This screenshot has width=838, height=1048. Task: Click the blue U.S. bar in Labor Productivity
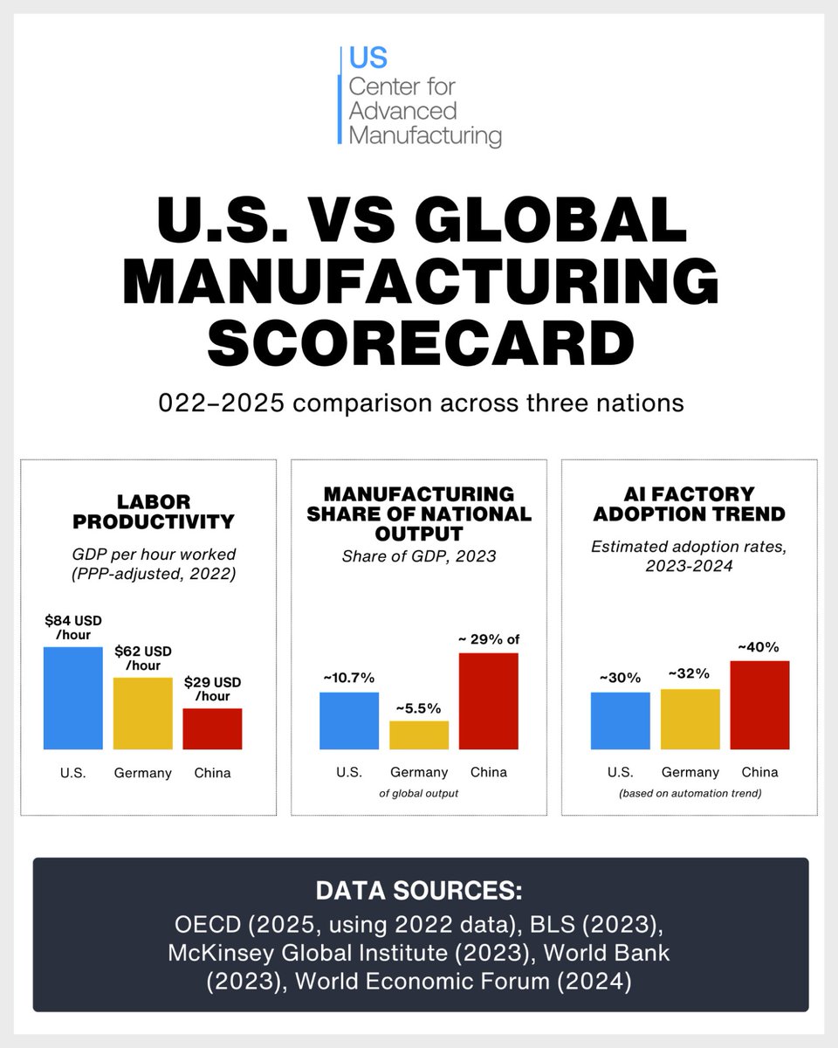72,698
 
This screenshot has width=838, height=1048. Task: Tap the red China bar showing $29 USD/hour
212,728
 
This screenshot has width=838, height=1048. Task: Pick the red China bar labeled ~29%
488,700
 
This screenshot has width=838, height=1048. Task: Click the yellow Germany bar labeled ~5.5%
419,734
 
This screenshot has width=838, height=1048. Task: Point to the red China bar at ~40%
759,705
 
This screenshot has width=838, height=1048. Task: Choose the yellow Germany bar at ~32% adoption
690,719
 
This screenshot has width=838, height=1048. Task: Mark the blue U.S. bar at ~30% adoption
620,720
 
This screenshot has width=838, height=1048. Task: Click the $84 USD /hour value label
72,628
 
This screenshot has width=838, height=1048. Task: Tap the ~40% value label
759,647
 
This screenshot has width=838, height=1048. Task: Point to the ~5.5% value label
418,707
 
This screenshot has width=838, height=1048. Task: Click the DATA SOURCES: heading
419,893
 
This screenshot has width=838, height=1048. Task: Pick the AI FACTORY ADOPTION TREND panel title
689,504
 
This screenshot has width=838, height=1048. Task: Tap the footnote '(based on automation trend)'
690,794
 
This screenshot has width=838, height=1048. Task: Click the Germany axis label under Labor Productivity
142,773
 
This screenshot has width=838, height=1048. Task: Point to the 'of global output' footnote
419,793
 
